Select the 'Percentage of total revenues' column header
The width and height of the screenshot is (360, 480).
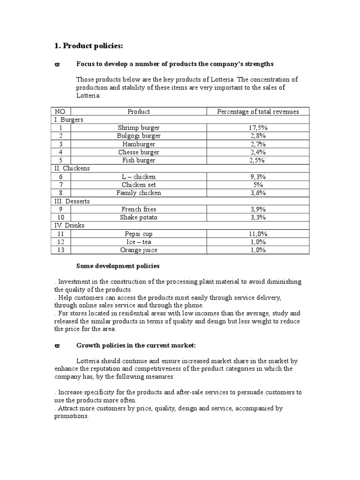pos(258,112)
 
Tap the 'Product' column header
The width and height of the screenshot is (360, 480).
pos(139,112)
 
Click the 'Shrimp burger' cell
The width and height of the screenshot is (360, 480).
pos(139,127)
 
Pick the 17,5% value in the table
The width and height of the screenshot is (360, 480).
pos(258,127)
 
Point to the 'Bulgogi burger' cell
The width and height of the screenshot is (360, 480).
pos(139,136)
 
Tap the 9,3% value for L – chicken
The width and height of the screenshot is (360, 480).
pos(258,177)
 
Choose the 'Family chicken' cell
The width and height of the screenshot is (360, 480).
pos(139,193)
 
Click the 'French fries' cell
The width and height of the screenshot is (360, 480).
pos(139,209)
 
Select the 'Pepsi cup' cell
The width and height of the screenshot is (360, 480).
pos(139,233)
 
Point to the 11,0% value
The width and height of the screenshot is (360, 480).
pos(258,233)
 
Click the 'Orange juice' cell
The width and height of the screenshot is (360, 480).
pos(139,250)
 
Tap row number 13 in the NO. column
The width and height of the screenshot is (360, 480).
pos(61,250)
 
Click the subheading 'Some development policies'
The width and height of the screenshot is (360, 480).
pos(118,266)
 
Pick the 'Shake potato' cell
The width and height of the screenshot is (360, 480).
pos(139,217)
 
